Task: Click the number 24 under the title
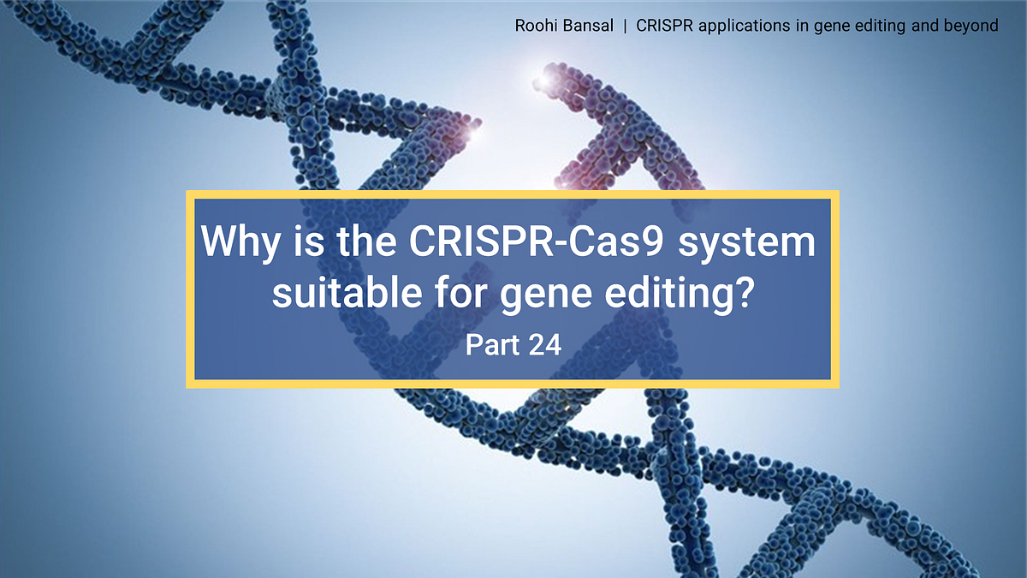pos(545,345)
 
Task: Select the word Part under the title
pos(491,345)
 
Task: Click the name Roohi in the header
pos(536,26)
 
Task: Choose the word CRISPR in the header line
pos(662,26)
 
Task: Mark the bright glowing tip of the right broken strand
pos(544,79)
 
